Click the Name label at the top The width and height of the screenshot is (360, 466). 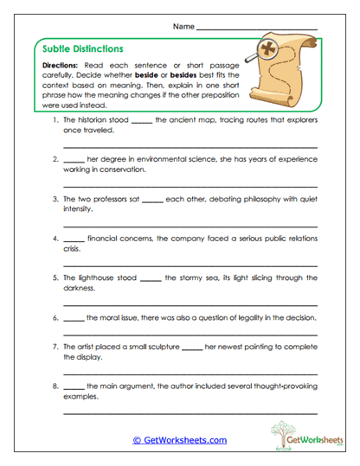pyautogui.click(x=183, y=27)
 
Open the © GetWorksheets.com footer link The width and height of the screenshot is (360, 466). pyautogui.click(x=179, y=439)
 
